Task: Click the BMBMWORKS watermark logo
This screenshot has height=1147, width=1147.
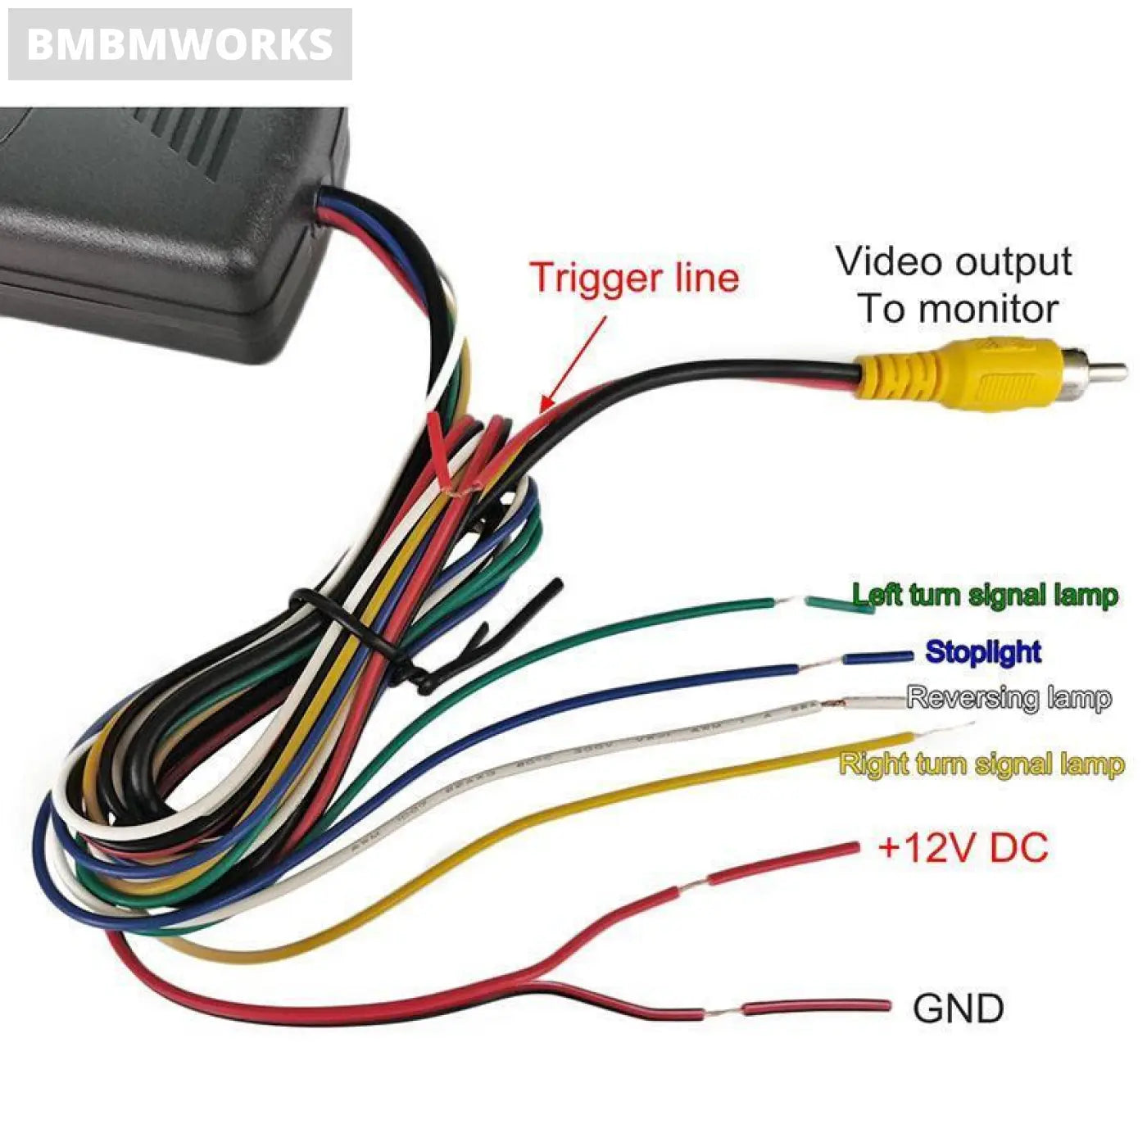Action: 179,44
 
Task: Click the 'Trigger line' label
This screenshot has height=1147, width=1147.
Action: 633,277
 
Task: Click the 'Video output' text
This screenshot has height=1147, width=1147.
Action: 953,262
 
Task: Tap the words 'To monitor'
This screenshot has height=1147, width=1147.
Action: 957,310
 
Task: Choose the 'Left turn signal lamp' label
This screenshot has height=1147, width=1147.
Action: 984,595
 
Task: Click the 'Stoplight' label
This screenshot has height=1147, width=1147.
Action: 983,652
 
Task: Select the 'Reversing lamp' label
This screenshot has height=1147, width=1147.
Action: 1009,698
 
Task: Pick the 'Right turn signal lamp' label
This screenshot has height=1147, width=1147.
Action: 982,764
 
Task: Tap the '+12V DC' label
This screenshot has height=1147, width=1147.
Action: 963,847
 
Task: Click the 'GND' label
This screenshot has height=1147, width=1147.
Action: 958,1009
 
